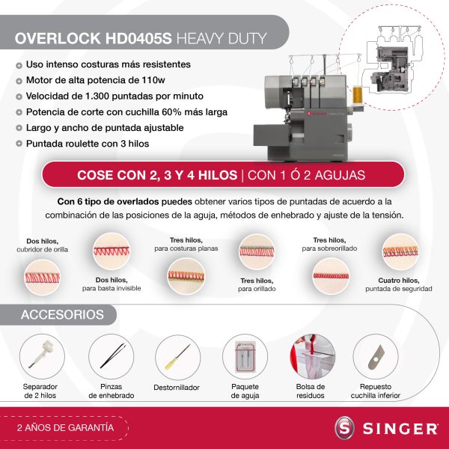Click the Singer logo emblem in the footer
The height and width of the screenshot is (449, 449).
(x=345, y=429)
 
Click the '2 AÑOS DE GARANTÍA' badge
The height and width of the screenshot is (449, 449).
(x=65, y=428)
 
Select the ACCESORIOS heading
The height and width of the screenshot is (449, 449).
(x=61, y=315)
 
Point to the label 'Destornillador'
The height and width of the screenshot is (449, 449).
(x=177, y=388)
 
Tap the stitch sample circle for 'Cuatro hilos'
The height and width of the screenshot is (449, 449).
(x=398, y=251)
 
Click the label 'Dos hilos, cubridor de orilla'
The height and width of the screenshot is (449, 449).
(x=43, y=245)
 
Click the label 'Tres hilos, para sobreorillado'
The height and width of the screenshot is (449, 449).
(x=330, y=244)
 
